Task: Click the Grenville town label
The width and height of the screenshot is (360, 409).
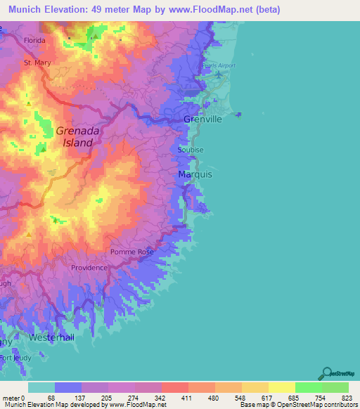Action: pos(202,119)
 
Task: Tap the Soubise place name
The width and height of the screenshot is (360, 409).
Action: pos(191,150)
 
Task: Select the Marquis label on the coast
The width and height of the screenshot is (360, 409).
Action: pos(191,174)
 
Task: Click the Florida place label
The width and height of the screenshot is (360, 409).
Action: pos(34,40)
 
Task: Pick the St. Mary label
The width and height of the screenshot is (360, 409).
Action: pos(37,63)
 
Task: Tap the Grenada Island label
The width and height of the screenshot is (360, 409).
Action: pos(74,136)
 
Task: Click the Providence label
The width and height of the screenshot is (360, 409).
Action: pos(89,268)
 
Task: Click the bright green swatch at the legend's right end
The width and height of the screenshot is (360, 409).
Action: pos(335,387)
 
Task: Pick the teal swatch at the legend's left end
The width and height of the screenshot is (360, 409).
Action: pos(41,387)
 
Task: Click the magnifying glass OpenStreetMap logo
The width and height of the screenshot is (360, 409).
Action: pos(326,374)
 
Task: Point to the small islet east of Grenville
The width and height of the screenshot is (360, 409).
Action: pos(239,113)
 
